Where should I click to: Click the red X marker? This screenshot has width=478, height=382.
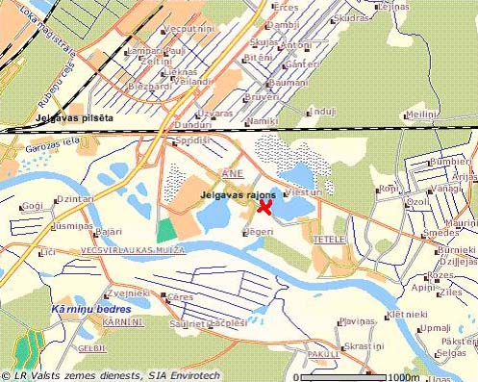coord(264,207)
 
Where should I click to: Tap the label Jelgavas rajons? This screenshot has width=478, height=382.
coord(239,195)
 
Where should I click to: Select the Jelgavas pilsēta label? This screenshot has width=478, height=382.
coord(74,117)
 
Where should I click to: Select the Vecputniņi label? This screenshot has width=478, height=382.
coord(189,30)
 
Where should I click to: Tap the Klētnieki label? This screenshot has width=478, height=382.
coord(408,314)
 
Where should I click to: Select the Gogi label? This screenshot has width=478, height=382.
coord(32,206)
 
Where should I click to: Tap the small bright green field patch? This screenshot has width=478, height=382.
coord(167,229)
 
